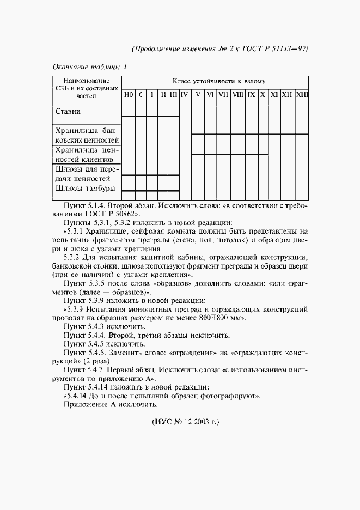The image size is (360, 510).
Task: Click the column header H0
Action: tap(128, 95)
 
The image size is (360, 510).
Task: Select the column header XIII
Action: tap(302, 95)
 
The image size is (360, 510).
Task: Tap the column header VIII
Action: tap(238, 95)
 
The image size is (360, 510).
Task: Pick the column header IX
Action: tap(251, 95)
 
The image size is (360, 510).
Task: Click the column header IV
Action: tap(185, 95)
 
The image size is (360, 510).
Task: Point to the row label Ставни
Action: tap(68, 112)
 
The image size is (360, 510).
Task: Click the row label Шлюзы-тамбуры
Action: tap(85, 189)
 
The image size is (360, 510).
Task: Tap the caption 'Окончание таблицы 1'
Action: tap(90, 67)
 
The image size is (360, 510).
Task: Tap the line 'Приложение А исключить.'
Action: tap(111, 405)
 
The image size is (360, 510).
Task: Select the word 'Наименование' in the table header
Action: tap(87, 81)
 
